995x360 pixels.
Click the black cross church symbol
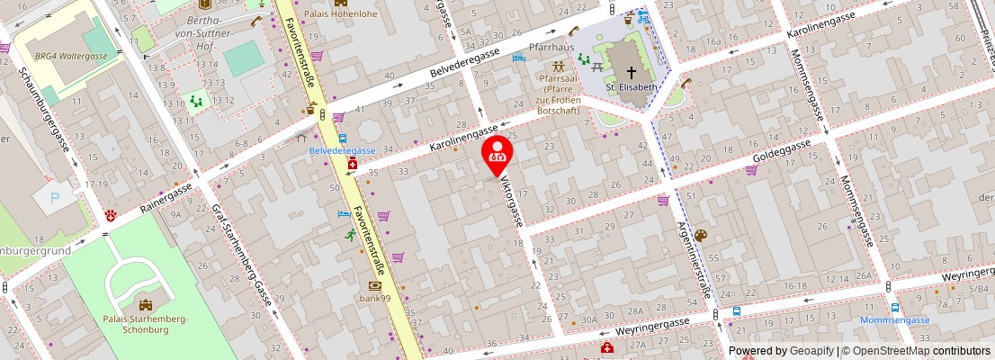(x=631, y=72)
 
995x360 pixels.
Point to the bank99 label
(x=374, y=298)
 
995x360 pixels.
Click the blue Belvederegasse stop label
(x=343, y=150)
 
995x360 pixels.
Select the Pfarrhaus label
(x=551, y=47)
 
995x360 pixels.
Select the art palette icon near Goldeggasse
(x=701, y=236)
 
